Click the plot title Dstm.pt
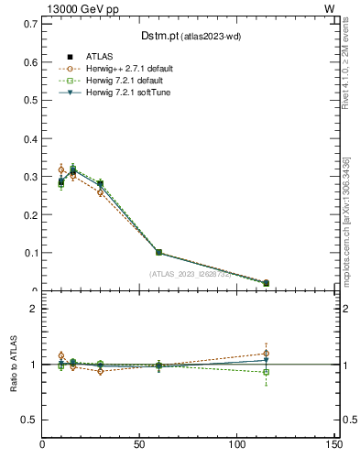coord(182,36)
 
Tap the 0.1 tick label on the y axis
coord(30,253)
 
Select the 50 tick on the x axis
coord(139,444)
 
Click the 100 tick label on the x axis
coord(236,444)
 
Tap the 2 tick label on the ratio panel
coord(34,309)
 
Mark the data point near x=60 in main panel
coord(158,252)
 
